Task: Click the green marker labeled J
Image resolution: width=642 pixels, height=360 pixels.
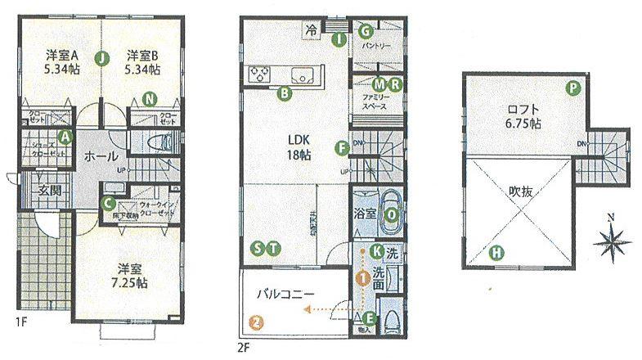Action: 101,58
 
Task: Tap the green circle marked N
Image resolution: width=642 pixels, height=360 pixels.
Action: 148,100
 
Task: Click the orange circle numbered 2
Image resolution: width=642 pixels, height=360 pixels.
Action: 257,322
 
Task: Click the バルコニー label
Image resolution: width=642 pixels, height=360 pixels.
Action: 285,291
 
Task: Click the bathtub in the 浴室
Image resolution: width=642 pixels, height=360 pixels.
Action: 387,212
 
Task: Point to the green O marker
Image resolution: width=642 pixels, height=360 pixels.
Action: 393,214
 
